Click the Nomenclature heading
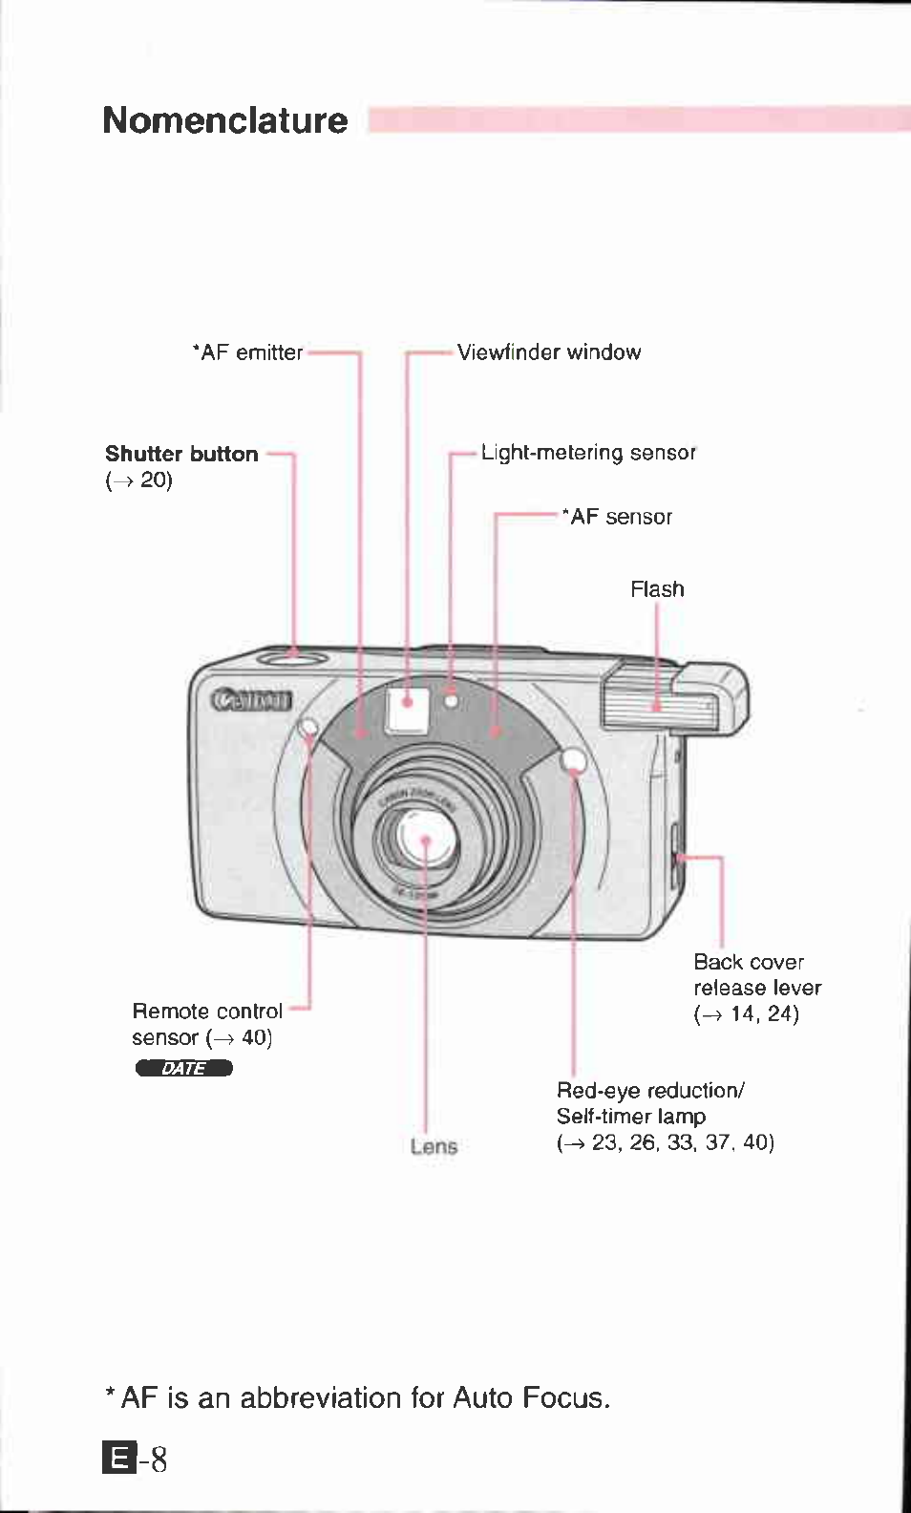pyautogui.click(x=225, y=121)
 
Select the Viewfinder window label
pyautogui.click(x=549, y=352)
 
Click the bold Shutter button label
pyautogui.click(x=181, y=454)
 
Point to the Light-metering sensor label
pyautogui.click(x=588, y=453)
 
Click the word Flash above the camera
pyautogui.click(x=657, y=589)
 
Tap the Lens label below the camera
pyautogui.click(x=434, y=1146)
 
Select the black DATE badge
pyautogui.click(x=184, y=1068)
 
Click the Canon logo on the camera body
pyautogui.click(x=251, y=700)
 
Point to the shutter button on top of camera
pyautogui.click(x=292, y=656)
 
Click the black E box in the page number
pyautogui.click(x=118, y=1459)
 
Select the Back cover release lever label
pyautogui.click(x=756, y=975)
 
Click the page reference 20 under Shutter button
pyautogui.click(x=155, y=479)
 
